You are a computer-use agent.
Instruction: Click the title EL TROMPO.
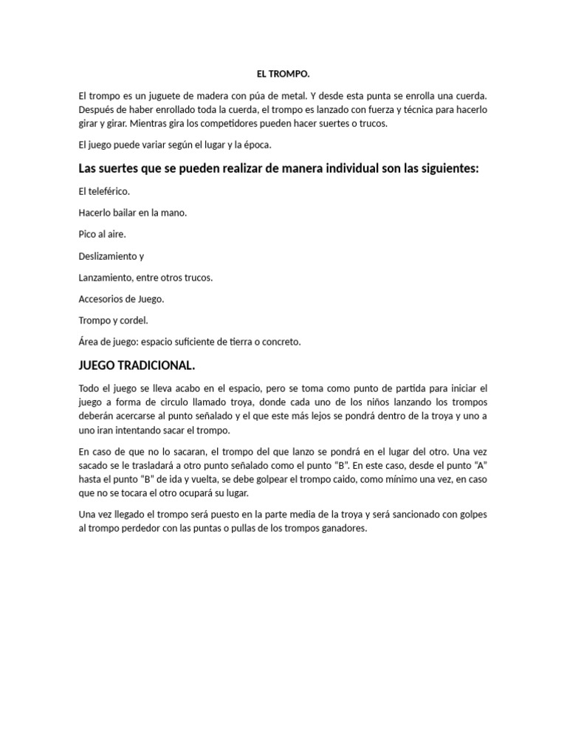(283, 74)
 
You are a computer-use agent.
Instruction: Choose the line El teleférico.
(104, 191)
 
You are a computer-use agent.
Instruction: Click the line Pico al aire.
(102, 234)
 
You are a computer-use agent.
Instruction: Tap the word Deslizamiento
(108, 256)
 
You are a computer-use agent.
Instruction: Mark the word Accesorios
(103, 299)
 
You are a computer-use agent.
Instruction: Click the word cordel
(134, 320)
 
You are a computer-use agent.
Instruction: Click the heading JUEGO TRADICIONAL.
(137, 366)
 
